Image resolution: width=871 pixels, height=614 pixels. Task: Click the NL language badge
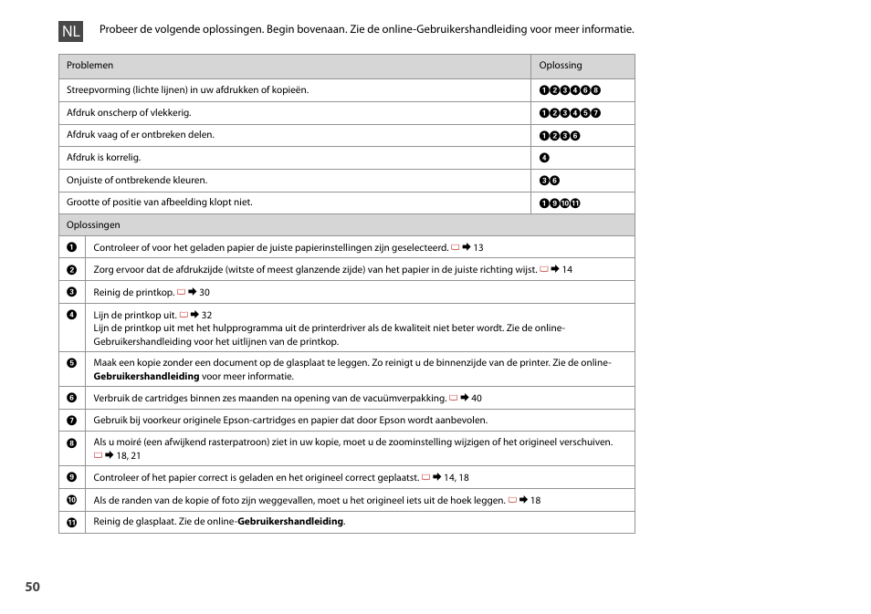pos(71,31)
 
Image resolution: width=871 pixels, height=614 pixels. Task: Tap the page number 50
pos(33,587)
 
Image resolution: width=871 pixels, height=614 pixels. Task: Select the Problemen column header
pos(89,66)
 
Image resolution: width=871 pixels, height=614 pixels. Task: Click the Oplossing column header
pos(560,66)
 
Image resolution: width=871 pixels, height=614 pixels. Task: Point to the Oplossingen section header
pos(93,224)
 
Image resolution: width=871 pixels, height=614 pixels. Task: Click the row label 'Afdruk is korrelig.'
pos(103,157)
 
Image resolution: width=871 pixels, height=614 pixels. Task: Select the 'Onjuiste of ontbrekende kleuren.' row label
pos(137,180)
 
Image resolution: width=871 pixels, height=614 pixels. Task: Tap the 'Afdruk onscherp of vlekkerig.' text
pos(129,113)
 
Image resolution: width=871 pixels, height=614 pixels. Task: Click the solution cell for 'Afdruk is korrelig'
pos(544,158)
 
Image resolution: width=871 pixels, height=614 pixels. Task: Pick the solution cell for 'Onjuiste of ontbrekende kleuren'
pos(549,181)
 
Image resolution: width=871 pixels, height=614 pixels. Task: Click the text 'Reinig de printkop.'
pos(133,293)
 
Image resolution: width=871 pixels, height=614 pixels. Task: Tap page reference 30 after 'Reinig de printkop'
pos(204,293)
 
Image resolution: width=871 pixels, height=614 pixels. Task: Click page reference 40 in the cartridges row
pos(476,398)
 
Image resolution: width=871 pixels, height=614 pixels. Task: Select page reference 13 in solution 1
pos(477,247)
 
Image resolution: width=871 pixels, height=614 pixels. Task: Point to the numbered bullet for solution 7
pos(71,421)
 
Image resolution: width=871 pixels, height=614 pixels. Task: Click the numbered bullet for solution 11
pos(71,522)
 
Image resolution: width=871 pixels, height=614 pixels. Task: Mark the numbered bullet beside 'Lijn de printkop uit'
pos(71,315)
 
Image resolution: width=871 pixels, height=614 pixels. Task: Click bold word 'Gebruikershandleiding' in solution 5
pos(146,376)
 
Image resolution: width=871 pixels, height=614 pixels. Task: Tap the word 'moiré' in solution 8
pos(129,442)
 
